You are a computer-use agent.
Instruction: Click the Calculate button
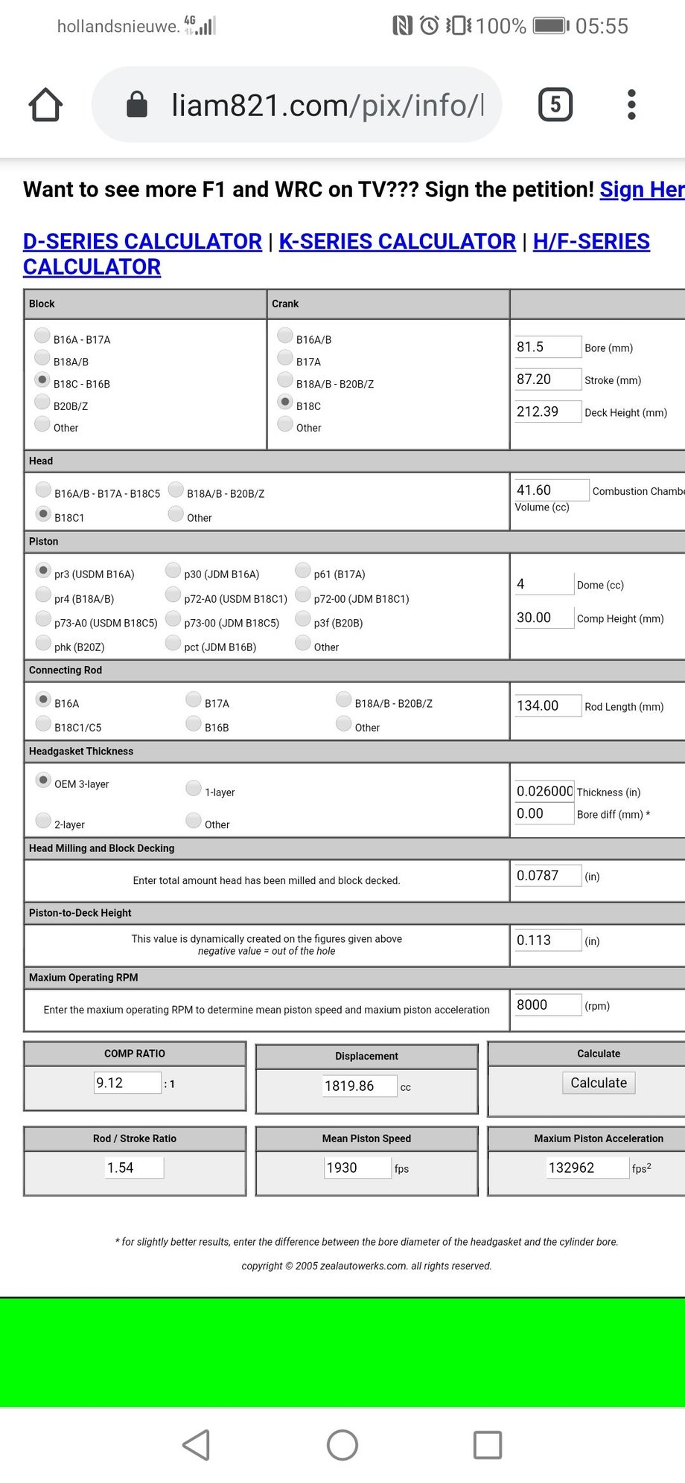[x=598, y=1083]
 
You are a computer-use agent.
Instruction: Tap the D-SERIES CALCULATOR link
[x=142, y=242]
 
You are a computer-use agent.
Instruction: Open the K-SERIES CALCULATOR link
[x=397, y=242]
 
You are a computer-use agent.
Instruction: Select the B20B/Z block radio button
[x=42, y=403]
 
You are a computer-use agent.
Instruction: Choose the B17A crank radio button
[x=285, y=358]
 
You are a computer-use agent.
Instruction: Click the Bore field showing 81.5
[x=547, y=347]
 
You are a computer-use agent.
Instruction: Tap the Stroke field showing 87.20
[x=547, y=379]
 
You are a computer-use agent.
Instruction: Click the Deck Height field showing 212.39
[x=547, y=411]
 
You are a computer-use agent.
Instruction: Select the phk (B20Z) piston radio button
[x=43, y=643]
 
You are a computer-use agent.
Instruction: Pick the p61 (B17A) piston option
[x=303, y=570]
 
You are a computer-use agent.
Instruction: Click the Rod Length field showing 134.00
[x=547, y=705]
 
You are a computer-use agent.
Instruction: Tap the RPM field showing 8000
[x=547, y=1005]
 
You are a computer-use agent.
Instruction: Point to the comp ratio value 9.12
[x=127, y=1083]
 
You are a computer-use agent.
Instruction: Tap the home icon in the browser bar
[x=45, y=105]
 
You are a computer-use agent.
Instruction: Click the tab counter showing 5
[x=555, y=105]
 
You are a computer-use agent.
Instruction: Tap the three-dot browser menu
[x=631, y=105]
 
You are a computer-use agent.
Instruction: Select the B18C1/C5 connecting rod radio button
[x=43, y=724]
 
